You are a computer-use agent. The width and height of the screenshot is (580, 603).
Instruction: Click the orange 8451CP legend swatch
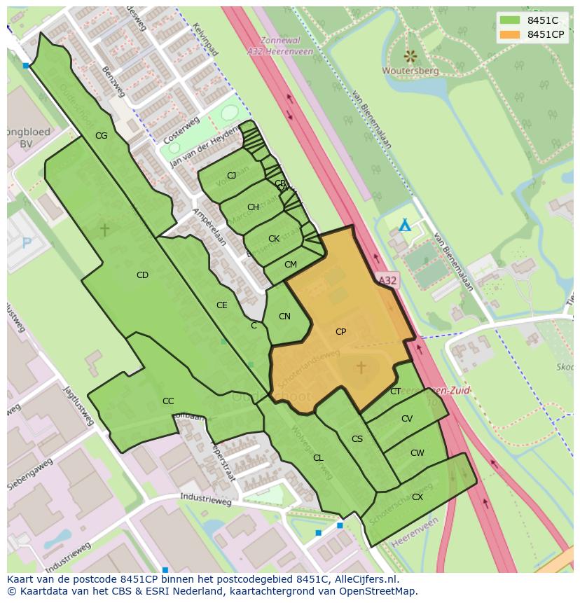click(x=511, y=34)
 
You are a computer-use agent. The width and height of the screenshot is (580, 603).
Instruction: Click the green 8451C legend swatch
click(x=511, y=20)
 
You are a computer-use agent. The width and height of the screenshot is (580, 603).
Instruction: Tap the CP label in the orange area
click(x=340, y=332)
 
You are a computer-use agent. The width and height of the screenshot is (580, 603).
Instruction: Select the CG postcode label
click(x=101, y=136)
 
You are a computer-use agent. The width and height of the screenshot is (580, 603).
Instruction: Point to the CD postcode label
click(x=142, y=275)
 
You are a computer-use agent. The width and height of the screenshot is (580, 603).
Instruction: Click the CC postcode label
click(x=168, y=401)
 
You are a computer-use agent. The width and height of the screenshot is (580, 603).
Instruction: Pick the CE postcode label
click(x=221, y=305)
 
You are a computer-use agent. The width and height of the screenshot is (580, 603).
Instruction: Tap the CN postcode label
click(x=284, y=317)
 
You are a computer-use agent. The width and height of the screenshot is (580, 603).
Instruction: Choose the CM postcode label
click(x=291, y=265)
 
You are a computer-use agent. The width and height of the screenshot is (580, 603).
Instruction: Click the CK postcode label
click(x=274, y=239)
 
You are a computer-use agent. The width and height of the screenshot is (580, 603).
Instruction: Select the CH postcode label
click(x=253, y=207)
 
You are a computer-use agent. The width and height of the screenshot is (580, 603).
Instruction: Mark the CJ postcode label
click(x=231, y=176)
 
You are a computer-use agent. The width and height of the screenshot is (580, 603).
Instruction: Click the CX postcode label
click(x=417, y=497)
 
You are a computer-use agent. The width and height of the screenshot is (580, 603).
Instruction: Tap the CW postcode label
click(x=417, y=453)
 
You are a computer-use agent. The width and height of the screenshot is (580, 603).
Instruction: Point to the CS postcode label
click(x=357, y=439)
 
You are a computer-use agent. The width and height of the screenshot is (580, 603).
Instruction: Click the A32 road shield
click(x=387, y=280)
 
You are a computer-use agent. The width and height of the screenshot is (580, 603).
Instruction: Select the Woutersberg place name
click(x=410, y=71)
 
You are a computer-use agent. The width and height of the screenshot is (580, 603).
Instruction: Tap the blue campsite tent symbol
click(x=404, y=226)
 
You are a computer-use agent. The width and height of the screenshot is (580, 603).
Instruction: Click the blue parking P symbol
click(x=27, y=243)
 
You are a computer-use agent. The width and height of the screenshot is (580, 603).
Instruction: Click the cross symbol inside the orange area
click(x=361, y=367)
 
